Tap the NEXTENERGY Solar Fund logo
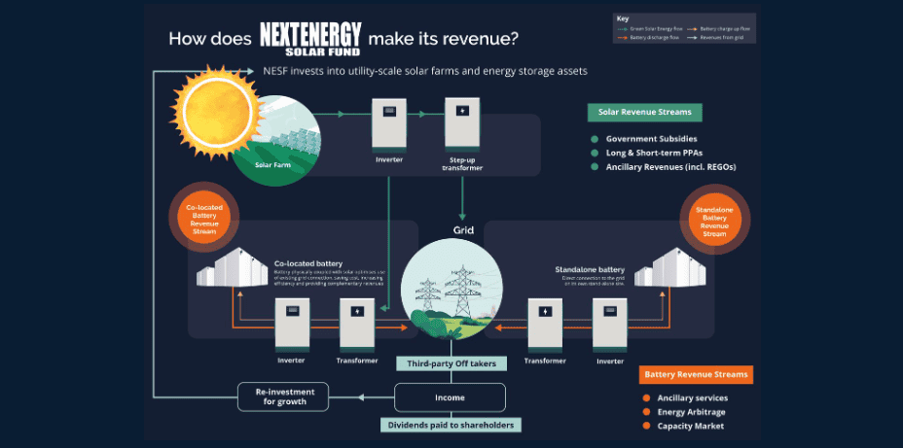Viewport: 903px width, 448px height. tap(310, 38)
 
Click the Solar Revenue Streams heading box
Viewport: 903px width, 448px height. tap(646, 112)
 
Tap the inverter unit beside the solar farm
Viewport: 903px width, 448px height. tap(388, 121)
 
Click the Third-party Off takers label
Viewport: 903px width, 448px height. tap(451, 363)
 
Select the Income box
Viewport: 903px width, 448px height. tap(450, 396)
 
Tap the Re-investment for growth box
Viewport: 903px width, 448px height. tap(283, 396)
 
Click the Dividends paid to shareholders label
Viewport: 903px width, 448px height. tap(451, 425)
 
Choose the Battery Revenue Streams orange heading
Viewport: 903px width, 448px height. tap(697, 374)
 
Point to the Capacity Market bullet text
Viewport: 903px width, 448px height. tap(692, 426)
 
